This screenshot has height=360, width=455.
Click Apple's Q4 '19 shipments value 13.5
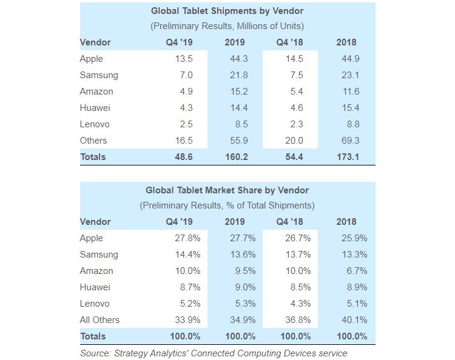point(184,59)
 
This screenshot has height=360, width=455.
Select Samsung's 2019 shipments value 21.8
point(239,75)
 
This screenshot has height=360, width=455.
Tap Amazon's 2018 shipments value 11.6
point(351,92)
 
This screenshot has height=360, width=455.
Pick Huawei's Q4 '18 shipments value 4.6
point(297,108)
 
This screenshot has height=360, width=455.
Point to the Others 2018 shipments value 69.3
point(350,141)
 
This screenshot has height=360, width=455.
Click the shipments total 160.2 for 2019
point(237,157)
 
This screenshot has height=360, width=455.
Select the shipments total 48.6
point(184,157)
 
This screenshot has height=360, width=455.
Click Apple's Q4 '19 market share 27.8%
point(187,238)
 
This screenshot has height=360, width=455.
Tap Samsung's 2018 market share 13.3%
point(354,255)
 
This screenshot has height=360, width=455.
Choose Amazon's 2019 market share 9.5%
point(245,271)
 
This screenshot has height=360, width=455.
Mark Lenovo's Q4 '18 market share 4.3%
point(301,304)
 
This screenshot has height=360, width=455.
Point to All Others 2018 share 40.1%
point(354,320)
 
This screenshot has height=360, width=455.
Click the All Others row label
point(99,320)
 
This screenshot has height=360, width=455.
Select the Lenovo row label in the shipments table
point(95,124)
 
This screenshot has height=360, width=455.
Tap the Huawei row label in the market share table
point(95,287)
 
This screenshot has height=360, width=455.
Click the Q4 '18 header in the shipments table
point(289,42)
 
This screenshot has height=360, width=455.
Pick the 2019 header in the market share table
point(235,222)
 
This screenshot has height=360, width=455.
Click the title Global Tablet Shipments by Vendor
point(227,11)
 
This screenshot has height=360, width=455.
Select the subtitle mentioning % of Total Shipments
point(227,205)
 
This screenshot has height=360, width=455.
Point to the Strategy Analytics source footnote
point(214,353)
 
